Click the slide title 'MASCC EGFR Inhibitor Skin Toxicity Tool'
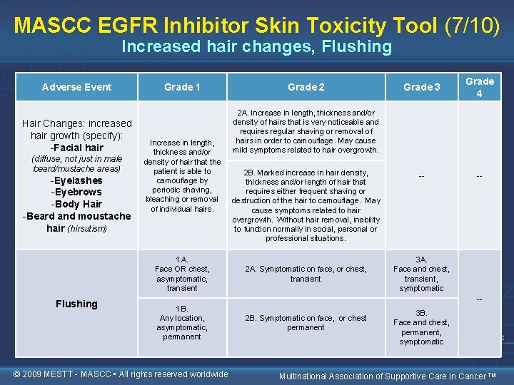click(225, 25)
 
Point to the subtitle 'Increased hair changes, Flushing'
click(256, 48)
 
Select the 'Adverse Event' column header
click(76, 87)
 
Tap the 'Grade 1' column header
click(182, 87)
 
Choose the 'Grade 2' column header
click(306, 87)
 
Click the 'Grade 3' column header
click(421, 87)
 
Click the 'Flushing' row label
click(76, 304)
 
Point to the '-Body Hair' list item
click(76, 204)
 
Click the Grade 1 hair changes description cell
click(182, 176)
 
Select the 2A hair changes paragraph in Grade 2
click(306, 131)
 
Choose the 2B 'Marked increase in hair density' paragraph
click(306, 205)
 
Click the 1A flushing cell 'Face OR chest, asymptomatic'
click(182, 274)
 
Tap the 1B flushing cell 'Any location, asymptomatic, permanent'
click(182, 322)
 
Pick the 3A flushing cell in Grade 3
click(421, 274)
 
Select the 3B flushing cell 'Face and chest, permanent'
click(421, 327)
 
